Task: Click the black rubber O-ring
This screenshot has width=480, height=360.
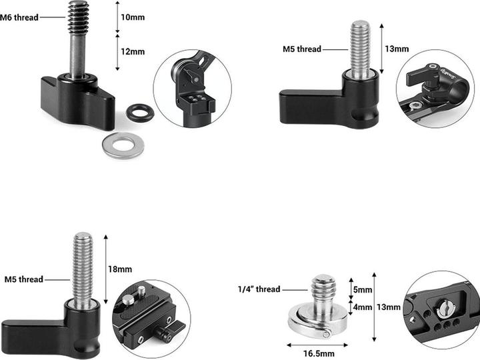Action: coord(141,112)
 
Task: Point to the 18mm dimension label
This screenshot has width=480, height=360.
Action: coord(120,269)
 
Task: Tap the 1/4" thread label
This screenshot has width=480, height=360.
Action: coord(259,289)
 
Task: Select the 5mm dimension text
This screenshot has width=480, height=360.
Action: coord(363,290)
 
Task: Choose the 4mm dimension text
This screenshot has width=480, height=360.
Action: coord(363,307)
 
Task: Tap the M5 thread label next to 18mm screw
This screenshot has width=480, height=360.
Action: coord(23,279)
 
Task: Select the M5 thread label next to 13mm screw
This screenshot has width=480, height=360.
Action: coord(301,49)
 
